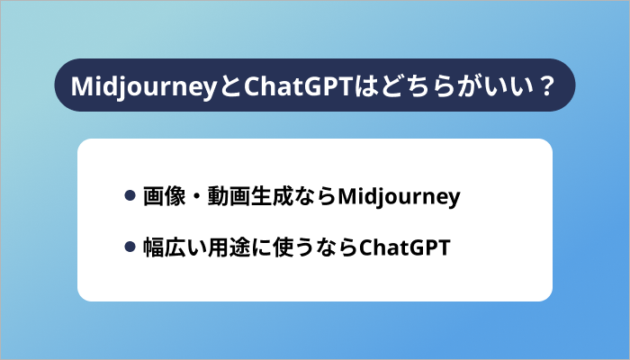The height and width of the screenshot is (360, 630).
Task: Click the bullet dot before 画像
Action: coord(130,195)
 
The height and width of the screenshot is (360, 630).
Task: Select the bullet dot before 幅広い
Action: coord(130,246)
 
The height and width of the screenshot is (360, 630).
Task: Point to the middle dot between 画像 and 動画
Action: coord(193,196)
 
